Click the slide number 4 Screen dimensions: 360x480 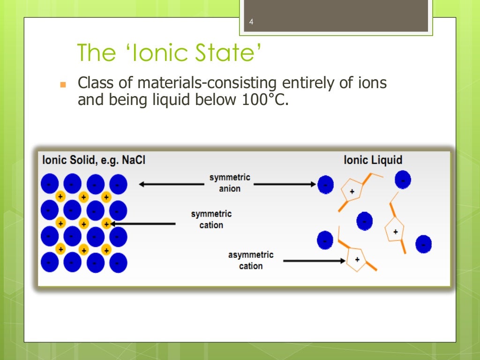tap(251, 22)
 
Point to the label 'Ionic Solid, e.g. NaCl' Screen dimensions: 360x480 tap(94, 160)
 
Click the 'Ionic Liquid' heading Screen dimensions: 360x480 tap(373, 160)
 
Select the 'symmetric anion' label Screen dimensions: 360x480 tap(230, 183)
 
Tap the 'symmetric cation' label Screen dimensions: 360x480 tap(211, 220)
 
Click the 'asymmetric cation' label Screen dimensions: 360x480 tap(251, 261)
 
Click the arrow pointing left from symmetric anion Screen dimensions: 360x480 tap(171, 184)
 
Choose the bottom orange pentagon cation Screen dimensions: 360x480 tap(358, 259)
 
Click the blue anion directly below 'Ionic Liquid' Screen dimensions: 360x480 tap(403, 180)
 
